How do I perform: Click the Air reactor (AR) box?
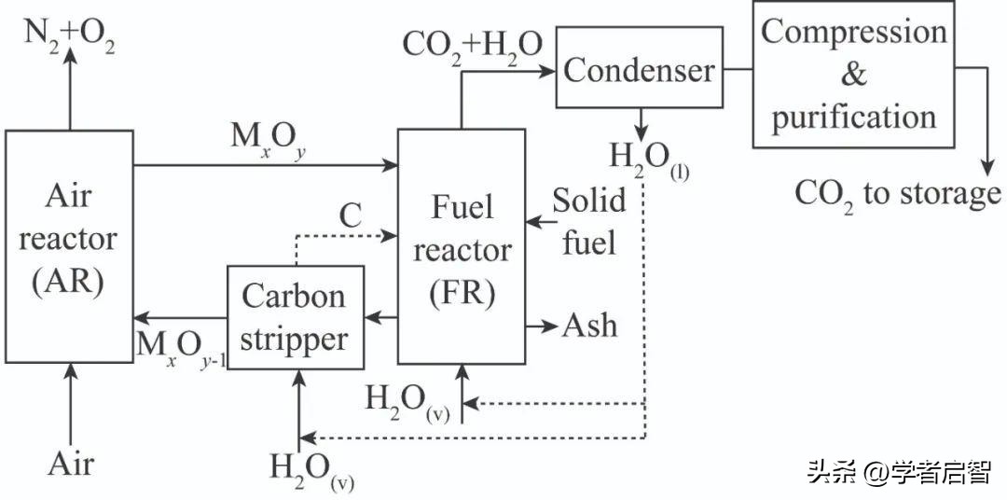(x=68, y=246)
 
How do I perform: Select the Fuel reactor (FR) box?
(x=461, y=246)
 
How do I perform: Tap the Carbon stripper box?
(x=295, y=316)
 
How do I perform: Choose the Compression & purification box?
(x=852, y=75)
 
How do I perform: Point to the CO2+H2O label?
(x=472, y=45)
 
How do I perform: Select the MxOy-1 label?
(x=181, y=348)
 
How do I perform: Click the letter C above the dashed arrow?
(x=350, y=215)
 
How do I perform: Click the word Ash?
(x=589, y=326)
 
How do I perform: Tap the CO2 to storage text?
(x=897, y=194)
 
